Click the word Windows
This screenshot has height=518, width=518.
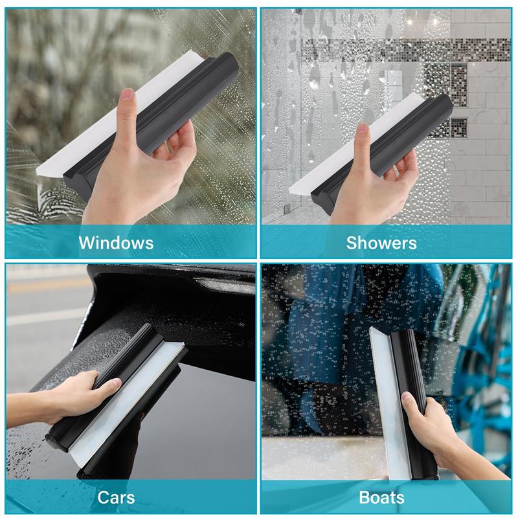click(x=116, y=243)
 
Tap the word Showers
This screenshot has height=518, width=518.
click(x=381, y=243)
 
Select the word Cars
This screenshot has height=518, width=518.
click(x=116, y=497)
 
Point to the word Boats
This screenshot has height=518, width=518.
click(x=381, y=497)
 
